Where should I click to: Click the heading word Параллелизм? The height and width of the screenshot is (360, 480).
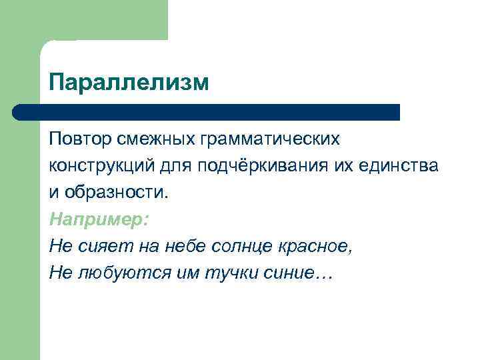129,83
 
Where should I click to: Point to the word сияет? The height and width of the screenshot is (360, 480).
97,246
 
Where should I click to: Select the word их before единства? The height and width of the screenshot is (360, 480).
346,166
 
